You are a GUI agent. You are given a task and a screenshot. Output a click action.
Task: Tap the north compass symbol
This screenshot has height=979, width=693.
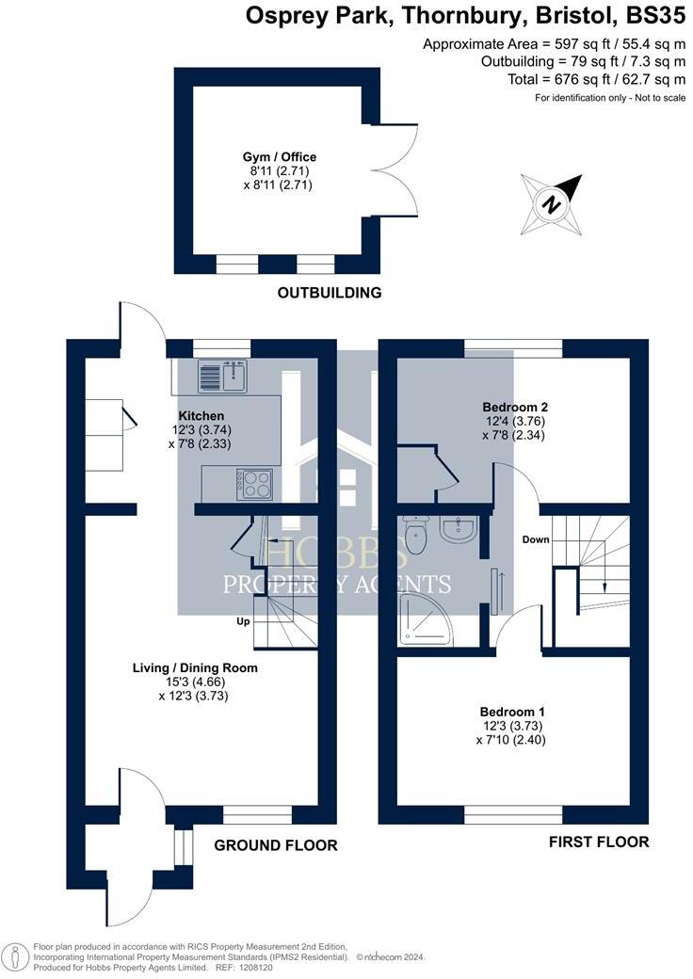(x=551, y=203)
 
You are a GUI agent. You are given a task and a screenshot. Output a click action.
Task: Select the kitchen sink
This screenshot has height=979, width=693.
(x=222, y=377)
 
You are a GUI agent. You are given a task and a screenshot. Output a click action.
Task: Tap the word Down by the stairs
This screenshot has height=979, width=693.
(x=537, y=539)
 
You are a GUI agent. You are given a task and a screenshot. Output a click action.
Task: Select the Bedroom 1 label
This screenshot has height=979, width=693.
(x=512, y=712)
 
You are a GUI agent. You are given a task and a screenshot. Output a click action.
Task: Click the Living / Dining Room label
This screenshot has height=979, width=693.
(x=195, y=668)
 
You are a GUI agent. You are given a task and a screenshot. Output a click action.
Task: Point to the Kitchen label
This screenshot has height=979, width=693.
(x=201, y=415)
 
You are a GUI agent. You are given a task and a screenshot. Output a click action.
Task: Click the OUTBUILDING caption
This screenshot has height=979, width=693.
(x=330, y=293)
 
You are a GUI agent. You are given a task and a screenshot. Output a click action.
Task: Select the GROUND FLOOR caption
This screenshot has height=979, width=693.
(x=276, y=845)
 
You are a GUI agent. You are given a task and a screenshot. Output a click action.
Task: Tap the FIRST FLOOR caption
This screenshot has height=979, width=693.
(x=599, y=842)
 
